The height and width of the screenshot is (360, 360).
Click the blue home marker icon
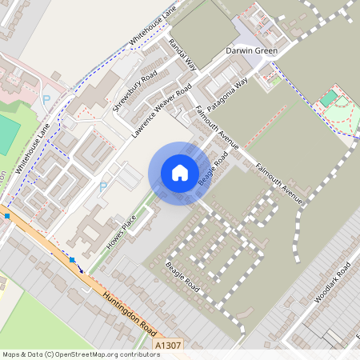click(x=180, y=173)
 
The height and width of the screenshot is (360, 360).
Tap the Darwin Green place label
click(x=251, y=50)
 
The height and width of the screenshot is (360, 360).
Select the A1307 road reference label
click(x=168, y=345)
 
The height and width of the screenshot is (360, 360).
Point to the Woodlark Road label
click(x=333, y=282)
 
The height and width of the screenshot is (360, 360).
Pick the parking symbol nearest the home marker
click(x=103, y=186)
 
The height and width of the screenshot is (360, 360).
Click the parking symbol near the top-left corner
click(x=46, y=98)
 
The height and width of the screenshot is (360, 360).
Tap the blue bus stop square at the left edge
click(x=6, y=215)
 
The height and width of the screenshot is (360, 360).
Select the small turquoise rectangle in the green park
click(x=330, y=98)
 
